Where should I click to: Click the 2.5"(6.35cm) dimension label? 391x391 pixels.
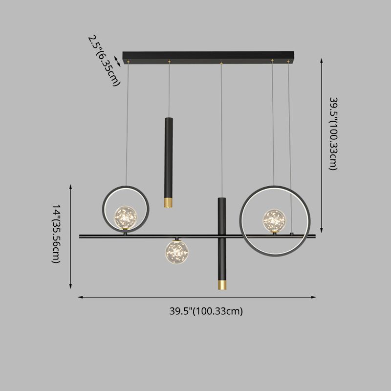click(103, 60)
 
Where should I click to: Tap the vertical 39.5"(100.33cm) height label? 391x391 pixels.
click(332, 133)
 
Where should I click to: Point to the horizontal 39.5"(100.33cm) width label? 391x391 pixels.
click(206, 310)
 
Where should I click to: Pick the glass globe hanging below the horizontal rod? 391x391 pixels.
click(176, 250)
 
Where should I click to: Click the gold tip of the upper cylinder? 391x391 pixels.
click(168, 202)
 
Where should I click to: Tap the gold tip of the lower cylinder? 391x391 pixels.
click(222, 284)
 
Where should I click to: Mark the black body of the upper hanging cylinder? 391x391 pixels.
click(168, 156)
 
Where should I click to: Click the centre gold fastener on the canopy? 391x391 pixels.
click(221, 62)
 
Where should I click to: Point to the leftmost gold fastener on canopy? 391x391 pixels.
click(129, 62)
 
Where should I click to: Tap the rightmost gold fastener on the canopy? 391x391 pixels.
click(288, 62)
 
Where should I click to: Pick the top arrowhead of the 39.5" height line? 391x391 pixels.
click(322, 60)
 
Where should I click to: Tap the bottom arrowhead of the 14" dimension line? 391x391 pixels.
click(71, 287)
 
